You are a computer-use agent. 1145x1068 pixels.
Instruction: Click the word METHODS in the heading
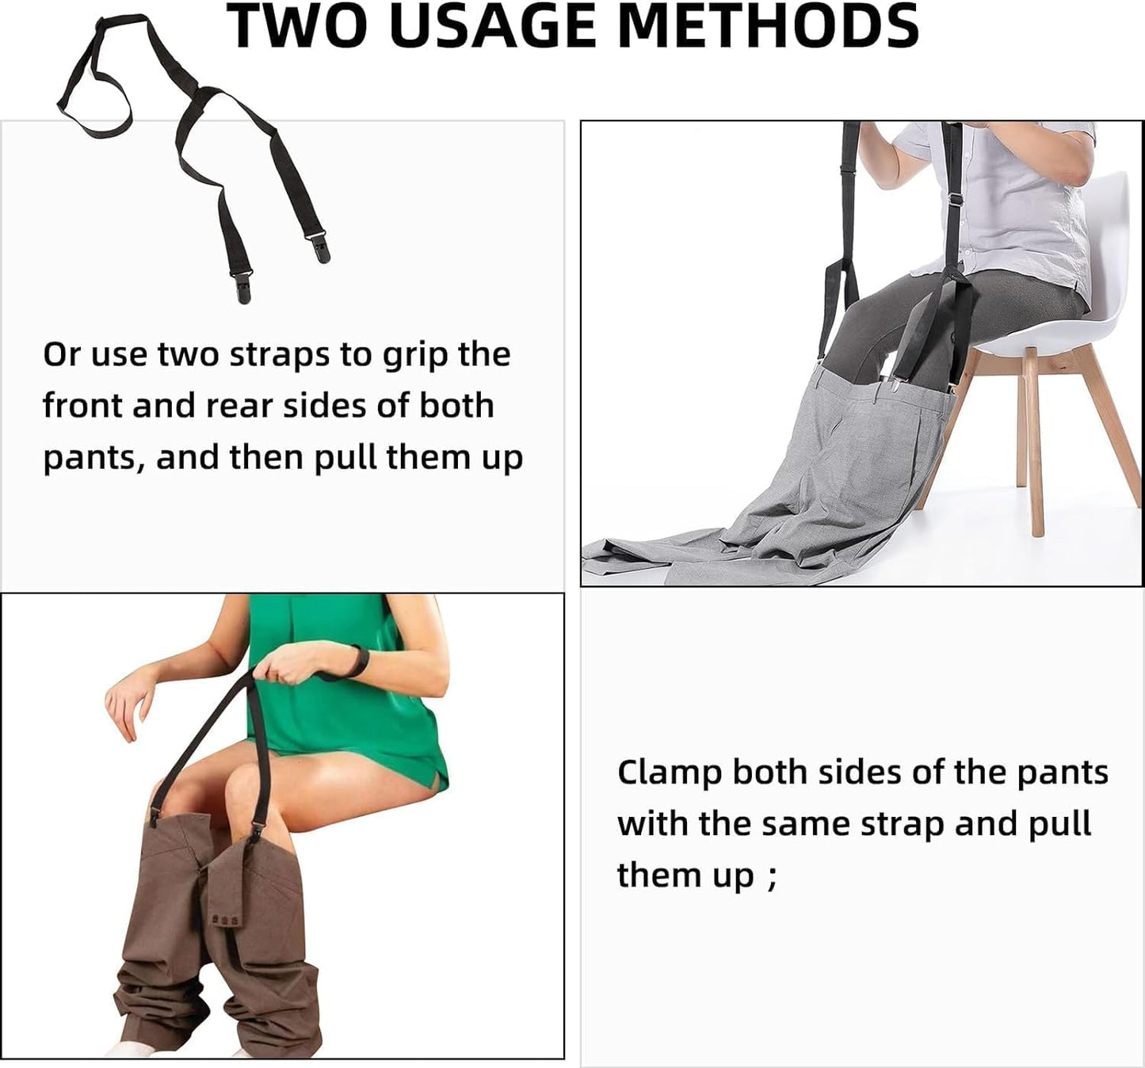767,25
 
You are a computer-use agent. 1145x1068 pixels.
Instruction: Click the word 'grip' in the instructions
417,356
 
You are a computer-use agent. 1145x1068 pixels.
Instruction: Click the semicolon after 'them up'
772,877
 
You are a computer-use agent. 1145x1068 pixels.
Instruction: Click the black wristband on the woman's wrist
359,662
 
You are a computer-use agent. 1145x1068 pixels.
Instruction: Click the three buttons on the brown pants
224,921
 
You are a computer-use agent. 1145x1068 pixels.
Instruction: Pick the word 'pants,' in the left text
94,459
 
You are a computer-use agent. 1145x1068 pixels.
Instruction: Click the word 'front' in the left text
82,406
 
